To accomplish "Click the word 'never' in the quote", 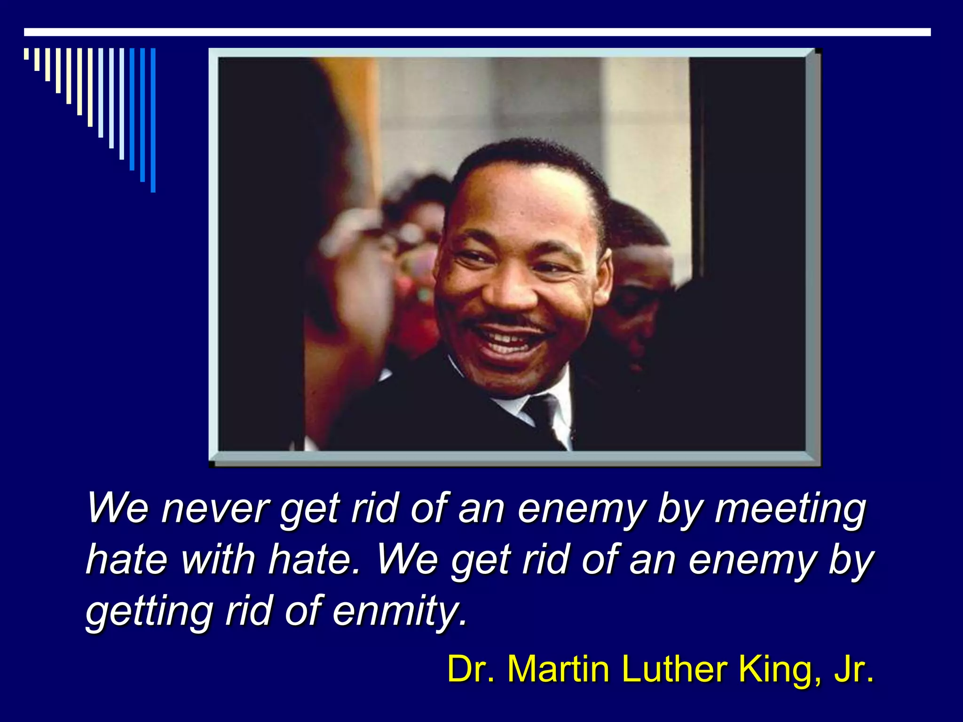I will (x=215, y=509).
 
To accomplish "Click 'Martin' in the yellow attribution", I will (x=559, y=669).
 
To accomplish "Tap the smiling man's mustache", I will (x=505, y=322).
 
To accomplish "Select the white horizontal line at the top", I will (x=477, y=32).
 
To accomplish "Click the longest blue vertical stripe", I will (x=153, y=120).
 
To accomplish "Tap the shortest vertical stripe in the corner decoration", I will (x=26, y=54).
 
